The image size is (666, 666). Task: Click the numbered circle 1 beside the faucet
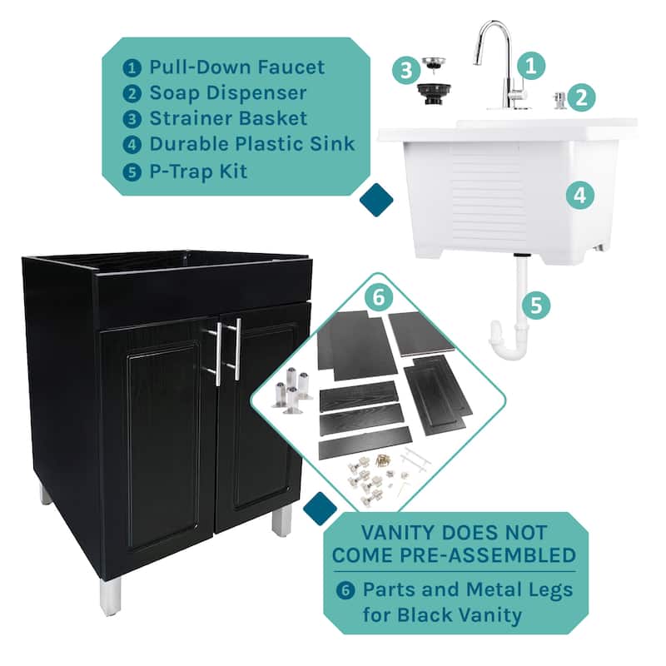(x=531, y=66)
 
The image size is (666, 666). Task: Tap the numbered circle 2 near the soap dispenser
(x=581, y=97)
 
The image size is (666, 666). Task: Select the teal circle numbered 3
(x=406, y=69)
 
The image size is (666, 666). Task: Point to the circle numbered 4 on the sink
(x=580, y=196)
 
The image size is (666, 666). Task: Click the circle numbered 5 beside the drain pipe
(x=536, y=305)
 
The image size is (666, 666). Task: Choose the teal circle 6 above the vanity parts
(x=379, y=297)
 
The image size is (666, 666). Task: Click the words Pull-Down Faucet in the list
(x=237, y=67)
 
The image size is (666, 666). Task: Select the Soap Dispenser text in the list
(x=227, y=93)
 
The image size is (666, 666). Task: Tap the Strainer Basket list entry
(x=228, y=118)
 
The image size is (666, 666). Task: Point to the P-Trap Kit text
(x=198, y=171)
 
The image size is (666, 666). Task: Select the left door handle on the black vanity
(x=218, y=355)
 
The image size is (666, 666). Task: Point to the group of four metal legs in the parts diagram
(x=291, y=390)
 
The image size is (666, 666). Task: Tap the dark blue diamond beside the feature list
(x=376, y=200)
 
